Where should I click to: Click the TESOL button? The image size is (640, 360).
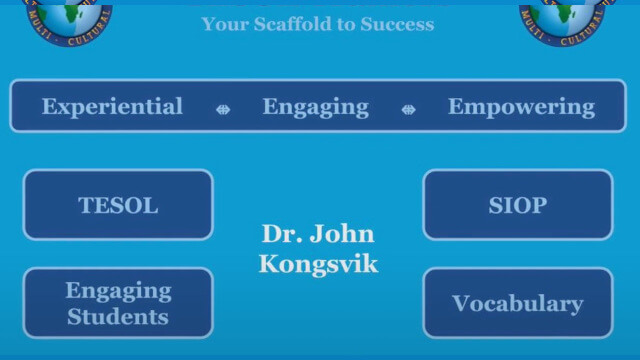point(118,205)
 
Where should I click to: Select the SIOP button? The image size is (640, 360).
point(517,205)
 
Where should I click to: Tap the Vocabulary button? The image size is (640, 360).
point(517,303)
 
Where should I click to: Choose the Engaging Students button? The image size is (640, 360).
point(118,303)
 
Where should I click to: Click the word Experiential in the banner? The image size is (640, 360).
point(112,106)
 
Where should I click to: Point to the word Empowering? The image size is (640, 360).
point(521,106)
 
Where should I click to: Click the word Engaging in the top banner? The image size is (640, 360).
point(315,106)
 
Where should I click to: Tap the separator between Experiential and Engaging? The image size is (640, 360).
point(223,108)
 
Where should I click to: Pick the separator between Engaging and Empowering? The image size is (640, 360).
point(408,108)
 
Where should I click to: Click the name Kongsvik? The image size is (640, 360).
point(318,264)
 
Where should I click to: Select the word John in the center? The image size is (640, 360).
point(342,234)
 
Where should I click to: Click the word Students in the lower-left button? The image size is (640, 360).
point(118,316)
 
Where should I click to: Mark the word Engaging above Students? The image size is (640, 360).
point(118,290)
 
